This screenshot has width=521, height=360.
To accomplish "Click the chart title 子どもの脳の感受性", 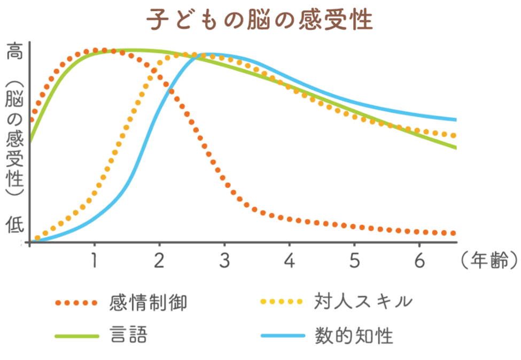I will tap(260, 20).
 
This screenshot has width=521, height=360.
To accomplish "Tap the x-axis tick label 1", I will tap(95, 261).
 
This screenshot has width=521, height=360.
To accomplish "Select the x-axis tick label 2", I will tap(159, 261).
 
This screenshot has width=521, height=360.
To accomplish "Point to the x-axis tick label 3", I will tap(224, 261).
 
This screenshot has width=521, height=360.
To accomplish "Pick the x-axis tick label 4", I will tap(290, 261).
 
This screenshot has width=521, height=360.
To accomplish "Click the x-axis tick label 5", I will tap(354, 261).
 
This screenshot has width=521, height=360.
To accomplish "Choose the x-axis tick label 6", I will tap(419, 261).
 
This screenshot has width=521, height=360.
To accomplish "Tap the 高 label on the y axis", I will tap(14, 52).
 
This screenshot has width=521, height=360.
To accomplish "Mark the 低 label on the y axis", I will tap(14, 224).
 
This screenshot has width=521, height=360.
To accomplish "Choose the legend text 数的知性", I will tap(353, 335).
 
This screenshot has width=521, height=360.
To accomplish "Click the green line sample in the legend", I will tap(77, 336).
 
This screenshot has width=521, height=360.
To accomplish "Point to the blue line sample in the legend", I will tap(282, 336).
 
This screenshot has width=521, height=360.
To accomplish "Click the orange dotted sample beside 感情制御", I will tap(77, 303).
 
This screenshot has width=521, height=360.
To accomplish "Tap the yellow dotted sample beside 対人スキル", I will tap(282, 302).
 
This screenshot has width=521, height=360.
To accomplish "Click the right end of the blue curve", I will tap(455, 119).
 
